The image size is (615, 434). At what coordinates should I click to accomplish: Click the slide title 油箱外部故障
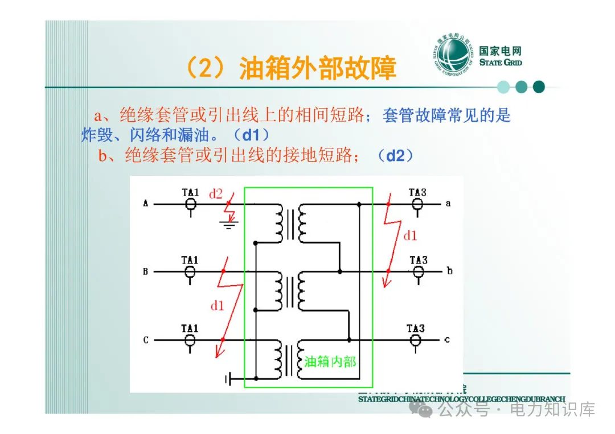pos(290,69)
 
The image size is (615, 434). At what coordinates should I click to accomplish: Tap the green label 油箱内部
pos(330,362)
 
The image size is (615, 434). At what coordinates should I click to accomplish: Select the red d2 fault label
pos(216,194)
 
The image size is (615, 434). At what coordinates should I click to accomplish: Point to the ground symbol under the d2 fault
pos(228,225)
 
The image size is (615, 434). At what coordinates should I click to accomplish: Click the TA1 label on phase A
pos(190,192)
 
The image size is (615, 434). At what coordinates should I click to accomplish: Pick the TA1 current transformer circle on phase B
pos(190,272)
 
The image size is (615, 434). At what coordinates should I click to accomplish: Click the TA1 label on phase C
pos(190,329)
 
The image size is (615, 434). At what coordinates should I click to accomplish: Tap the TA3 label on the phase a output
pos(417,192)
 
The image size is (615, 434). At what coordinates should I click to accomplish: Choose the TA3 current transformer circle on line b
pos(418,272)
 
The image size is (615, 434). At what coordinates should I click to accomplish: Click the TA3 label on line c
pos(416,329)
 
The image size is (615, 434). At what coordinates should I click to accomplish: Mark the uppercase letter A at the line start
pos(146,203)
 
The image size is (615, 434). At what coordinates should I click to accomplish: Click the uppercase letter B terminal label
pos(146,272)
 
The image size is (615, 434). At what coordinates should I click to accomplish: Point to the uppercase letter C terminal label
pos(146,340)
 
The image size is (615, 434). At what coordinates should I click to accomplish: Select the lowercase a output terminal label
pos(449,203)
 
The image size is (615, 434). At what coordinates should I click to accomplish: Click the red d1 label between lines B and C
pos(217,306)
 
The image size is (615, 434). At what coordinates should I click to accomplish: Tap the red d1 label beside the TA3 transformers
pos(410,235)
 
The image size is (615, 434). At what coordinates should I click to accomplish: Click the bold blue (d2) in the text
pos(395,156)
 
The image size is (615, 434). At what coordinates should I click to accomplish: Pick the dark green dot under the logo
pos(539,87)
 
